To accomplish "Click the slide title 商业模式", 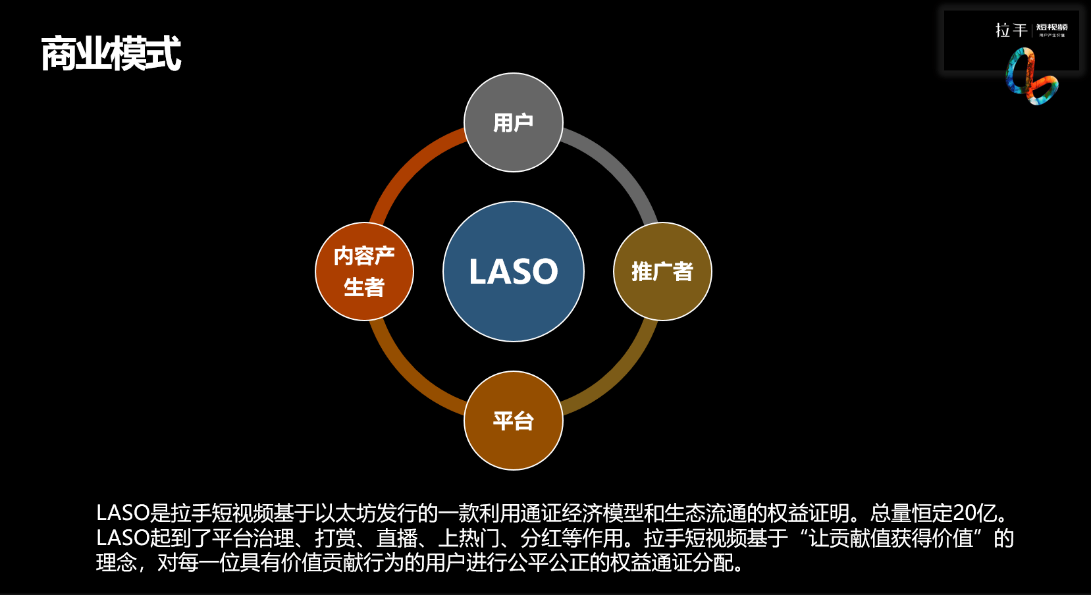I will [x=111, y=53].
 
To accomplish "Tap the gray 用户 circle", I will [x=514, y=122].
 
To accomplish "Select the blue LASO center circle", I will [x=514, y=271].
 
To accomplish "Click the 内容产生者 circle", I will [x=364, y=271].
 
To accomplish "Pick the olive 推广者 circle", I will [x=662, y=271].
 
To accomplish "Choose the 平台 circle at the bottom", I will [x=514, y=421].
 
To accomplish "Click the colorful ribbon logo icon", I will [x=1030, y=78].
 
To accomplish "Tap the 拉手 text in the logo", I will [x=1011, y=30].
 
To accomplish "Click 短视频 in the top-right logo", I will [x=1051, y=28].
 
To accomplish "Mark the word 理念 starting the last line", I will [x=117, y=563].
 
